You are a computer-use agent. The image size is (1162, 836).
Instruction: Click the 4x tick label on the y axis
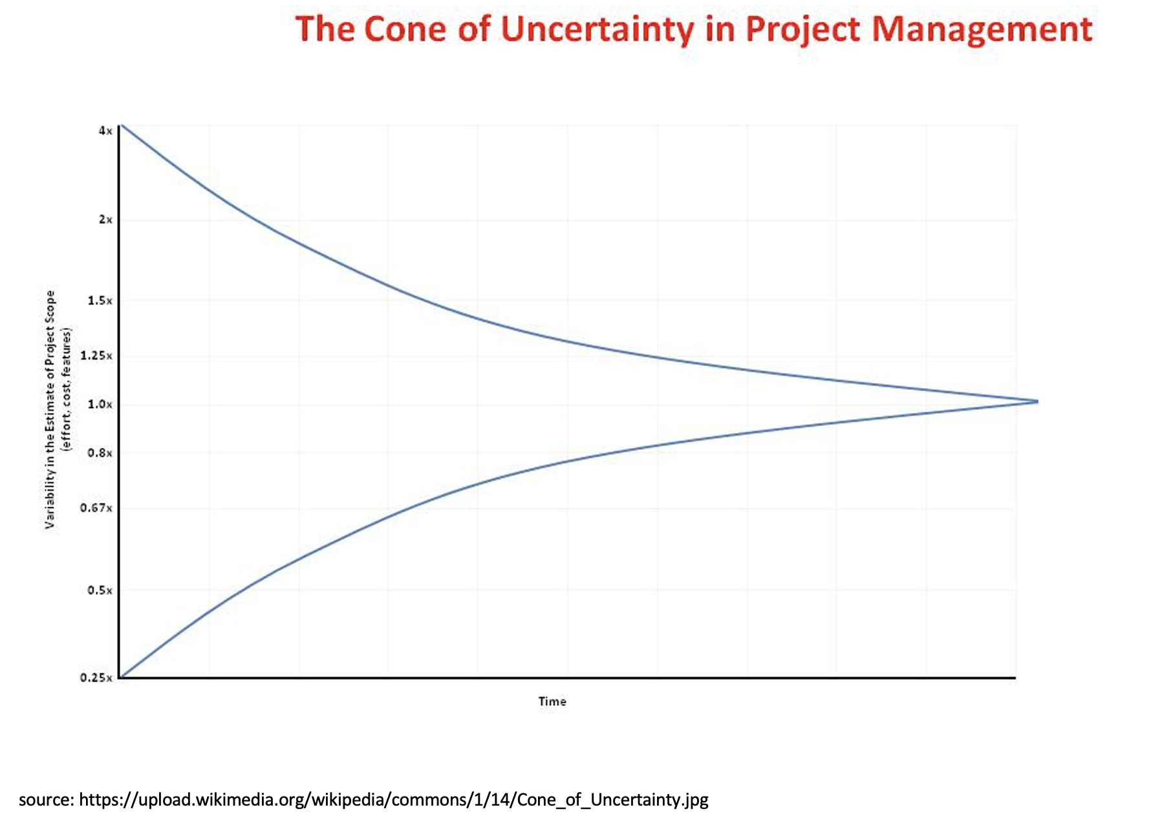(105, 131)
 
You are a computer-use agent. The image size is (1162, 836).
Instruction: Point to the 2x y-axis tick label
(105, 220)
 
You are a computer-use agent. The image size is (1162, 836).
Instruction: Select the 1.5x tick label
(100, 301)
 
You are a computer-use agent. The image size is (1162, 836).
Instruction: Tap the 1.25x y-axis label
(96, 356)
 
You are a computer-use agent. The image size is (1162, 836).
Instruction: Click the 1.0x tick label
(100, 404)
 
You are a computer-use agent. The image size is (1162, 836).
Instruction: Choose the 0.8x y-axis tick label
(100, 453)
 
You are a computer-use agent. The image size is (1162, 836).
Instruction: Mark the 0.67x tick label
(96, 508)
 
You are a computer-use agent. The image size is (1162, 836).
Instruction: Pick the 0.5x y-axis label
(100, 590)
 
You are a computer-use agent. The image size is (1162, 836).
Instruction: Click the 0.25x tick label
(96, 678)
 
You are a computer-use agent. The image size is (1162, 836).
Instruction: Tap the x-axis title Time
(552, 702)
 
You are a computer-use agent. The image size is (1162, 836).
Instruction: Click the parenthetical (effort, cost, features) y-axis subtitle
(67, 389)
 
